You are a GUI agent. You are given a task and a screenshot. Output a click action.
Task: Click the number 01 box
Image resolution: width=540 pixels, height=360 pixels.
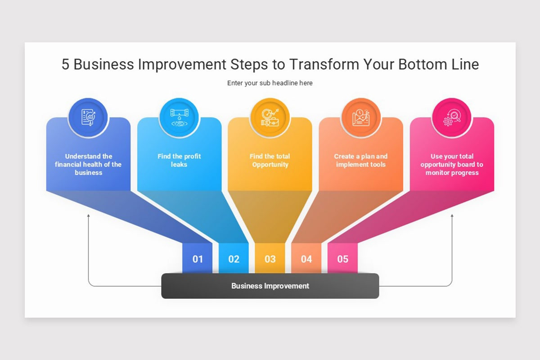pos(197,258)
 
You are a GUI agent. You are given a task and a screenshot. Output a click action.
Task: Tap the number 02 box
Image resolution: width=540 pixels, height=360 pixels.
pos(234,258)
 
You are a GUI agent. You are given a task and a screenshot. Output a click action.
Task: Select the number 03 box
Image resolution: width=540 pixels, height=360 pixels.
pos(270,258)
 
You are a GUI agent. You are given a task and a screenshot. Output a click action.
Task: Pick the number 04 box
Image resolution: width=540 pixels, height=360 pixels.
pos(306,258)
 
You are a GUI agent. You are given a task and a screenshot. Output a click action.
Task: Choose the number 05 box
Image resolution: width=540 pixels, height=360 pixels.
pos(342,258)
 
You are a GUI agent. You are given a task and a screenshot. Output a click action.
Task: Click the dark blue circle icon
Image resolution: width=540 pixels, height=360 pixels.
pos(88,117)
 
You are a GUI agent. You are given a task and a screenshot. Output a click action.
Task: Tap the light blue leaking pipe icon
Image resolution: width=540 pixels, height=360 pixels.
pos(179,117)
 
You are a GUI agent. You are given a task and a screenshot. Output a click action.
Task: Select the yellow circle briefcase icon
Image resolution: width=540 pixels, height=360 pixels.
pos(270,117)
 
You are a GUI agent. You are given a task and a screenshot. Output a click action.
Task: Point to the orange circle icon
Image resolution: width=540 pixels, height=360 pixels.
pos(361,117)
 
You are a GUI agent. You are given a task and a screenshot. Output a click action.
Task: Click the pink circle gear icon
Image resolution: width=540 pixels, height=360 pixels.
pos(452,117)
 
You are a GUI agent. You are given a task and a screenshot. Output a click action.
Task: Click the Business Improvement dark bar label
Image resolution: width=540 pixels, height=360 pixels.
pos(270,286)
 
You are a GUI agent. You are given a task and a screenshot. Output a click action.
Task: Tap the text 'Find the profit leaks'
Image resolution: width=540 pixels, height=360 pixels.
pos(179,160)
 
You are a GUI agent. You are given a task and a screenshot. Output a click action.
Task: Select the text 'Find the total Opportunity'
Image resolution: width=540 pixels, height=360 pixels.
pos(270,160)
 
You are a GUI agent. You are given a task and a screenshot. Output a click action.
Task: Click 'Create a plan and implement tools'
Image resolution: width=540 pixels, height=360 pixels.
pos(361,160)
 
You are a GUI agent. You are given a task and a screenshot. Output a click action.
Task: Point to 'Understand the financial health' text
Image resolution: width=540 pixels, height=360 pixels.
pos(88,160)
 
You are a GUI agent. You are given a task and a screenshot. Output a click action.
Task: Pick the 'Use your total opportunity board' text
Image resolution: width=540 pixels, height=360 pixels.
pos(452,160)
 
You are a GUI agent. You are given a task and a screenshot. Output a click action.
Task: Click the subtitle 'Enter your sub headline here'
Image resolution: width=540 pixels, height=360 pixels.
pos(270,83)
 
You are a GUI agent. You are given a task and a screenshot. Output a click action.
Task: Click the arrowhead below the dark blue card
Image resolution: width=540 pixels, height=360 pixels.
pos(89,215)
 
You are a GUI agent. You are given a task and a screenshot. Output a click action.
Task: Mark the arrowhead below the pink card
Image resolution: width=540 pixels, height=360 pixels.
pos(452,215)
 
